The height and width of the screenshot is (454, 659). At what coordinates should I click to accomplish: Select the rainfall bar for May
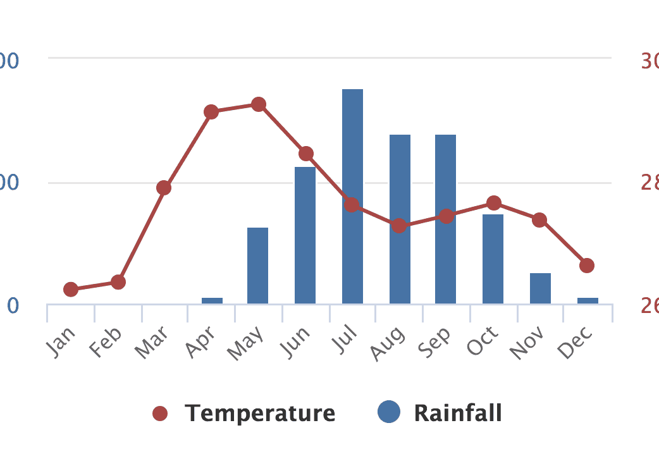tap(257, 266)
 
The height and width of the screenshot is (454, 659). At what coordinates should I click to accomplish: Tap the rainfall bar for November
tap(540, 288)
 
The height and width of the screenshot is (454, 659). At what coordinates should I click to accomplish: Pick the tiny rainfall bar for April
tap(212, 300)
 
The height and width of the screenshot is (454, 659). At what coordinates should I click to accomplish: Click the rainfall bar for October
tap(493, 259)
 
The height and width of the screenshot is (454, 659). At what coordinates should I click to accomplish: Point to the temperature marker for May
tap(258, 104)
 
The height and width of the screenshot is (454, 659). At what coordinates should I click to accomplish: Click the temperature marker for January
tap(71, 290)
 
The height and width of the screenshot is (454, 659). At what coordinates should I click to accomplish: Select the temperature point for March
tap(164, 188)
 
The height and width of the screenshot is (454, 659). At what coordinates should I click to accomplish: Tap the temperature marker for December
tap(587, 266)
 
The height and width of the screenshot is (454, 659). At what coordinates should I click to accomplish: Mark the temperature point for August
tap(399, 226)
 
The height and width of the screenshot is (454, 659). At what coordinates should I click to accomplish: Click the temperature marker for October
tap(494, 203)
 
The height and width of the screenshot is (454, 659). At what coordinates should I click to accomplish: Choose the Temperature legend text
tap(260, 414)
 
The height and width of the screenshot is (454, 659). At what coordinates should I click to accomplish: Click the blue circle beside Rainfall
tap(389, 413)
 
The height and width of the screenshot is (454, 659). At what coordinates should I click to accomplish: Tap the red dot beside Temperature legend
tap(160, 414)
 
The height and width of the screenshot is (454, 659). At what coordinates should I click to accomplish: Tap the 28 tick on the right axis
tap(649, 183)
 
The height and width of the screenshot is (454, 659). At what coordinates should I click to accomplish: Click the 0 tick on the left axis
tap(13, 306)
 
